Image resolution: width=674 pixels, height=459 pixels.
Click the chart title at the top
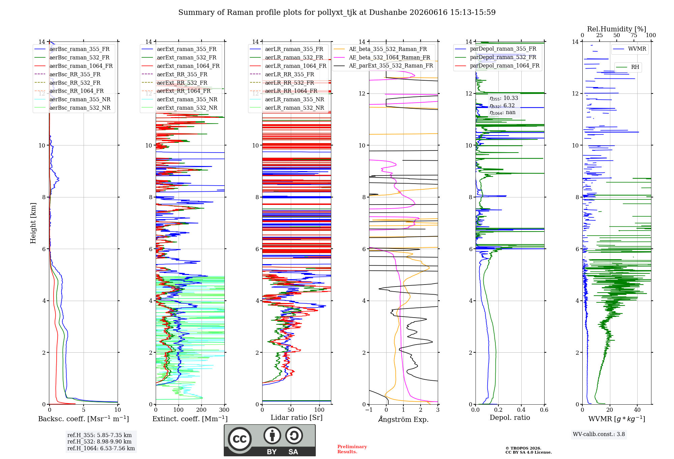(337, 12)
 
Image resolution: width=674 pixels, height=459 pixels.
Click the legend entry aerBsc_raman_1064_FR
(74, 66)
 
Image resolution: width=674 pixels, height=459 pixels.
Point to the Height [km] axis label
(33, 223)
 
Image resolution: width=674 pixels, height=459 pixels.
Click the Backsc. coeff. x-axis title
(84, 419)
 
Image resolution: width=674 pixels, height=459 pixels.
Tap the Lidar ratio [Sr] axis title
(297, 418)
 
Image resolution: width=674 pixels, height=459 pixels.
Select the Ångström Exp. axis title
(403, 419)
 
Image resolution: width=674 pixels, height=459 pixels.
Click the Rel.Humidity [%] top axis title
(617, 29)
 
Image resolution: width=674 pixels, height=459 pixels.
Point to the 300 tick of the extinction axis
(224, 410)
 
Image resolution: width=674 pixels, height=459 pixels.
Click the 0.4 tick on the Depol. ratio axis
(521, 410)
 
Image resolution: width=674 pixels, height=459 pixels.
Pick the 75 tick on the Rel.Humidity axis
(634, 35)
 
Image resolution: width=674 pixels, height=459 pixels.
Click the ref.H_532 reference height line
(99, 442)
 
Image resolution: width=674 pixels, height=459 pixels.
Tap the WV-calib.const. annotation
(599, 434)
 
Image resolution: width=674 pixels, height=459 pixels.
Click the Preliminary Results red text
(352, 449)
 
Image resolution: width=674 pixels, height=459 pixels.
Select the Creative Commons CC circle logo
(240, 439)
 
